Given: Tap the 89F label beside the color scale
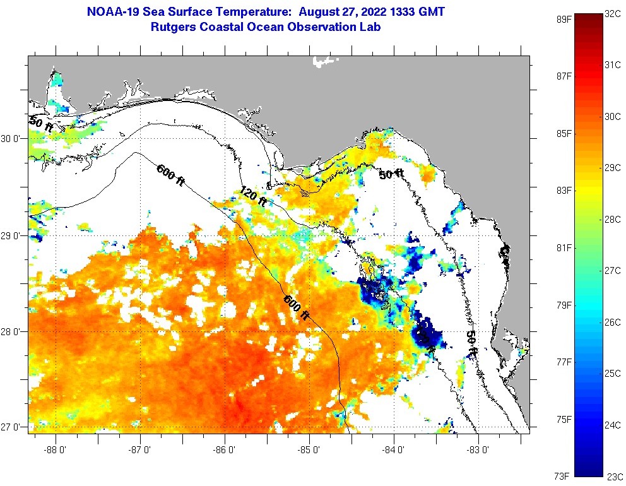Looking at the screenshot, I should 564,19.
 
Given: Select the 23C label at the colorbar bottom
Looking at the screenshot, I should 613,477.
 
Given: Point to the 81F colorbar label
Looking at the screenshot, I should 564,248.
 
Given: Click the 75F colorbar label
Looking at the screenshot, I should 564,419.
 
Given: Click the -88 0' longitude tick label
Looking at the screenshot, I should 56,450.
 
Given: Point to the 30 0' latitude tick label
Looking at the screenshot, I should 12,138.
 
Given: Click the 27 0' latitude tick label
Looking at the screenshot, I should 12,427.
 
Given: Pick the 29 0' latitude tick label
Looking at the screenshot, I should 12,235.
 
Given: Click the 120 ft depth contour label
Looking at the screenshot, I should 254,196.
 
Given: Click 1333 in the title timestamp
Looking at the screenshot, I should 402,12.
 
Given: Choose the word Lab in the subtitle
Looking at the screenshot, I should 370,27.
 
